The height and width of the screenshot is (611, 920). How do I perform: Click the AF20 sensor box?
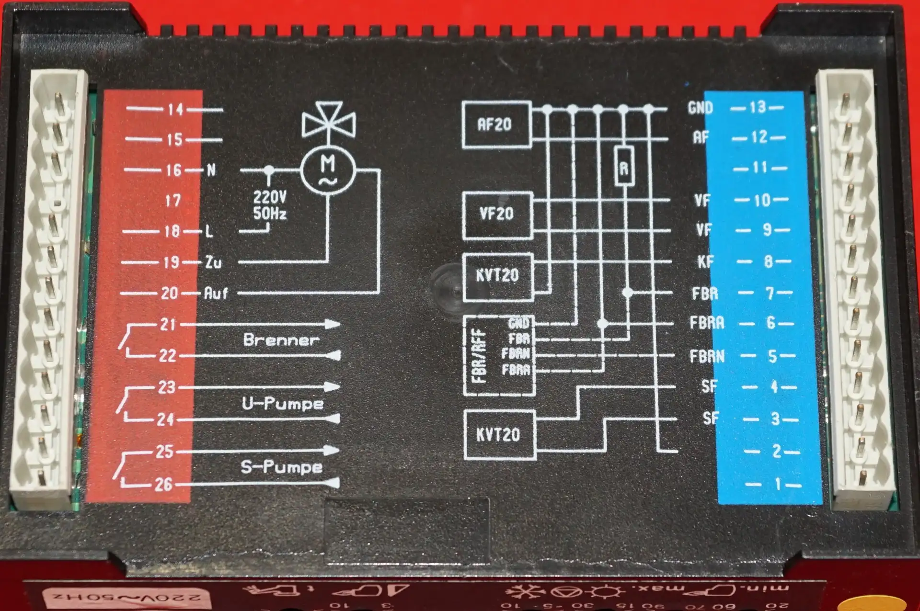click(496, 124)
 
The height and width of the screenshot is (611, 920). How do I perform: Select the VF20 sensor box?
click(497, 214)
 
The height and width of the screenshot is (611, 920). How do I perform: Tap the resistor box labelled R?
click(624, 167)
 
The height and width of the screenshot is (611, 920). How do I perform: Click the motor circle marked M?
click(328, 170)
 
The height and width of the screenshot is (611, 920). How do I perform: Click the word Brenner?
click(281, 340)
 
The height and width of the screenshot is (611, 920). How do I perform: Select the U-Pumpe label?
click(283, 403)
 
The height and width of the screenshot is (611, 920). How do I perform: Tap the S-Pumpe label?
click(282, 466)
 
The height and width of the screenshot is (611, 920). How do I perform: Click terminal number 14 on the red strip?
click(175, 110)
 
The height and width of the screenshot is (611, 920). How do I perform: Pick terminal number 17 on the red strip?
click(172, 200)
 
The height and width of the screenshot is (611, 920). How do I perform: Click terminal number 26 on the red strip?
click(163, 485)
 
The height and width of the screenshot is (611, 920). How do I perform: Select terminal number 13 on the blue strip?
click(758, 107)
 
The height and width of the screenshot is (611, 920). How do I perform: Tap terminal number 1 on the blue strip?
click(778, 484)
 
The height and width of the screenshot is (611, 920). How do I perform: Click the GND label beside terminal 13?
click(700, 108)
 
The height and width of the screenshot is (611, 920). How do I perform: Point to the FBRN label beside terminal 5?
click(707, 356)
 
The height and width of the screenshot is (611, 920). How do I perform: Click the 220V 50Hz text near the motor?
click(270, 205)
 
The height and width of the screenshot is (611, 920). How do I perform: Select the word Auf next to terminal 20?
click(216, 293)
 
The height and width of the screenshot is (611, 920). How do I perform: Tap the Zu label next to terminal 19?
click(213, 262)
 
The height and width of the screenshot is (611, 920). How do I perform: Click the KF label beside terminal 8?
click(705, 261)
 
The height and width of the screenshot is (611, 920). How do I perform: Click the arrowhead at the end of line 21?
click(333, 324)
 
